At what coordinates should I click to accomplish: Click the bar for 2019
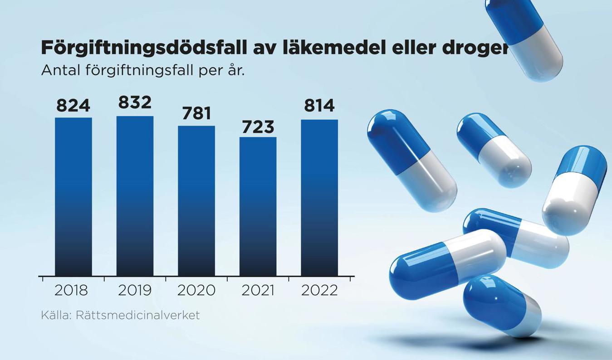point(135,196)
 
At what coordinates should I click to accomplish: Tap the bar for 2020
point(196,200)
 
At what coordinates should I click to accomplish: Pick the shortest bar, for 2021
point(258,206)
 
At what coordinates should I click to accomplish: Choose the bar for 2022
point(319,198)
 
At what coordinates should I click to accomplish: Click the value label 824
point(73,105)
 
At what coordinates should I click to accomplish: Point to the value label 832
point(135,102)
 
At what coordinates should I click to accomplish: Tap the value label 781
point(196,113)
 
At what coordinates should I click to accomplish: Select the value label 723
point(258,127)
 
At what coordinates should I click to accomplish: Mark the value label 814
point(319,105)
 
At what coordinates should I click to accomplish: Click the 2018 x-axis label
point(71,290)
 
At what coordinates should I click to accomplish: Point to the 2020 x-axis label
point(196,290)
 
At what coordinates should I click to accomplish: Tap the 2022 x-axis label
point(319,290)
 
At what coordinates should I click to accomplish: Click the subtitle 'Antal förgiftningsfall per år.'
point(142,71)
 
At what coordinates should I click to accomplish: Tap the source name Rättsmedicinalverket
point(137,315)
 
